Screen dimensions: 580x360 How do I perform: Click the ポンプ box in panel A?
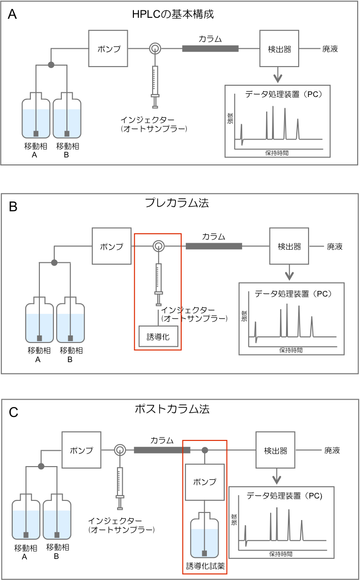108,49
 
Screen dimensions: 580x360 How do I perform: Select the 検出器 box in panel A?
279,49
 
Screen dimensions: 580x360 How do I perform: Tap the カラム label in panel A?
210,39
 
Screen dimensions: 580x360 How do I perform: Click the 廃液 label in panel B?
334,246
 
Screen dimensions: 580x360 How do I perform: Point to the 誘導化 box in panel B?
158,336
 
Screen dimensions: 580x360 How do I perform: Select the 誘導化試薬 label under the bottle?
205,566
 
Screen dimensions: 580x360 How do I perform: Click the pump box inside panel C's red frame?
205,482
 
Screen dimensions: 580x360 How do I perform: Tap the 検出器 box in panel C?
275,451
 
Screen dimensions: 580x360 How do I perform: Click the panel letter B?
14,207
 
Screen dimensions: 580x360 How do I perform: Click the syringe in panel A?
155,82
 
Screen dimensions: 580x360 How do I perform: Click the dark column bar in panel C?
162,450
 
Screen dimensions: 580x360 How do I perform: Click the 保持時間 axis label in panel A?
276,153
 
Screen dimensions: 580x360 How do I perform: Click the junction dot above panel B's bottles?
54,263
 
